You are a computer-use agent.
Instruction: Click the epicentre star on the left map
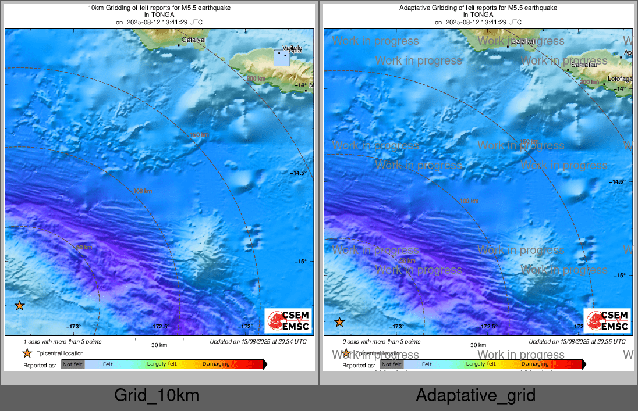(x=20, y=305)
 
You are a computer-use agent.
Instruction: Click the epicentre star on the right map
(x=339, y=322)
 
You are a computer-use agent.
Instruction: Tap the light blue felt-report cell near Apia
(x=282, y=58)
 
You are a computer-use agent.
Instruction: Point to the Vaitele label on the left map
(x=292, y=47)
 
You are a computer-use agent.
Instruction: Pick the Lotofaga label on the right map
(x=620, y=78)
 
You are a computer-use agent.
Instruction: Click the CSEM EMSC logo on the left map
(x=288, y=321)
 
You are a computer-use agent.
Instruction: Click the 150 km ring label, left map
(x=200, y=135)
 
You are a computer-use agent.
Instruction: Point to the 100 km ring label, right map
(x=469, y=201)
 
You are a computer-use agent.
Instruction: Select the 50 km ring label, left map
(x=84, y=248)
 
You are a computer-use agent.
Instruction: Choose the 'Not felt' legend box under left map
(x=73, y=364)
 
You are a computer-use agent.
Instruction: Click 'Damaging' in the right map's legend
(x=534, y=364)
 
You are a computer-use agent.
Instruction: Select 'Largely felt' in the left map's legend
(x=162, y=364)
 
